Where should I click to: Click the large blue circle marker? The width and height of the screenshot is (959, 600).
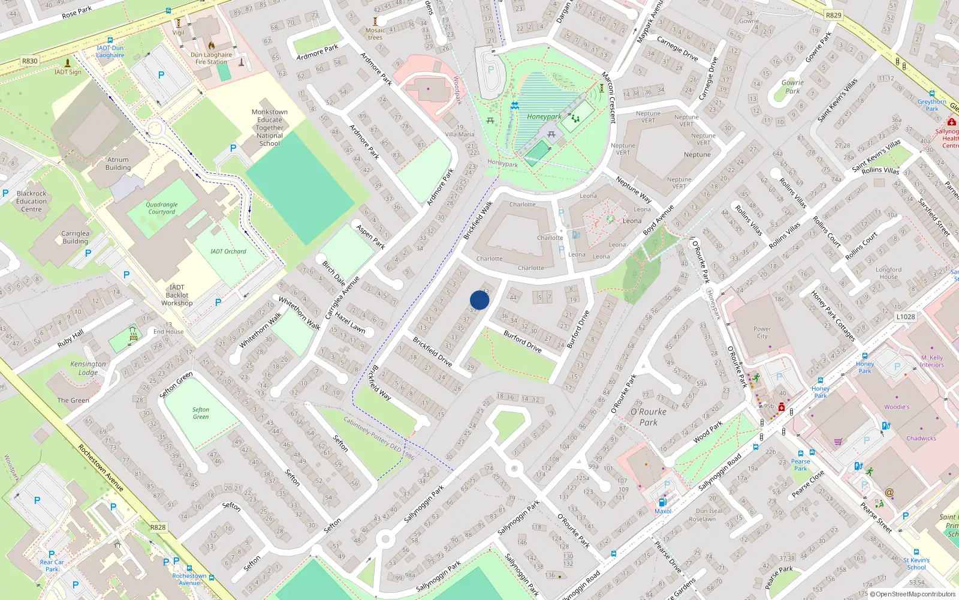(479, 300)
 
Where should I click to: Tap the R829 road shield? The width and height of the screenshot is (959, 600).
(833, 16)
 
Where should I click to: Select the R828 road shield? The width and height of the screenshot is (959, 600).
(158, 527)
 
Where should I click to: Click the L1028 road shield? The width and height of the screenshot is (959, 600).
(906, 317)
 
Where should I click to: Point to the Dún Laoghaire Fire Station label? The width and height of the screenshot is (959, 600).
(212, 58)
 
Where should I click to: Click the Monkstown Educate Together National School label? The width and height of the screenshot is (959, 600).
(270, 128)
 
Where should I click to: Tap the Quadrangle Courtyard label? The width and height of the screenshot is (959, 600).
(162, 208)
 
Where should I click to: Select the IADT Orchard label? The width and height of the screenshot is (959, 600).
(228, 251)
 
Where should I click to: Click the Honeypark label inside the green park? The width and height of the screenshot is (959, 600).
(544, 117)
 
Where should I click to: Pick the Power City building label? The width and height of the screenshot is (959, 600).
(762, 332)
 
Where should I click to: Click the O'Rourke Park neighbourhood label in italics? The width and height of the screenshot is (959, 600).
(649, 417)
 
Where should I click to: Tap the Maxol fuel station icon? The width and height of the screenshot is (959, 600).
(662, 502)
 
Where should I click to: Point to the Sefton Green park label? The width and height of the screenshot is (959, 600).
(201, 413)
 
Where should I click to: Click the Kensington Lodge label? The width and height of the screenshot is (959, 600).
(88, 368)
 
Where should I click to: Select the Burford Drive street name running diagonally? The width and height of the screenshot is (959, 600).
(523, 341)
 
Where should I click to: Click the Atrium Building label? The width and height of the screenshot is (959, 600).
(118, 164)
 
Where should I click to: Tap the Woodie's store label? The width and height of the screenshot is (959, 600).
(897, 407)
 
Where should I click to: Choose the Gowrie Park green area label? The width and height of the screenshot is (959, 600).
(792, 87)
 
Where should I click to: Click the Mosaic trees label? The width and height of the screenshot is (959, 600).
(375, 34)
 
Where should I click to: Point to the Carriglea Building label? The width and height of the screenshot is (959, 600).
(76, 238)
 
